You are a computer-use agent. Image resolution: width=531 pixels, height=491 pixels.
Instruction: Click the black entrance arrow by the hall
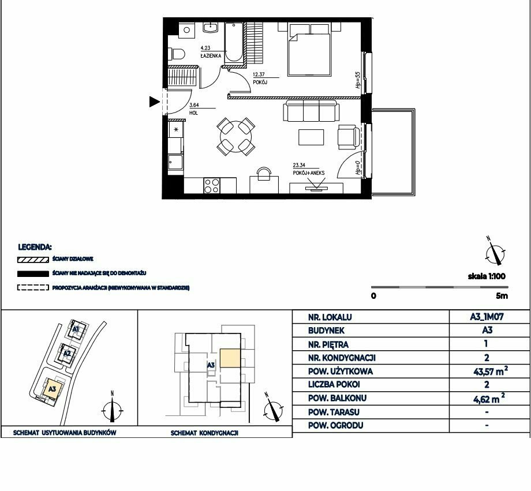[154, 102]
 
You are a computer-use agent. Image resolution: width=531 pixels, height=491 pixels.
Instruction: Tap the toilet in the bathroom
[177, 54]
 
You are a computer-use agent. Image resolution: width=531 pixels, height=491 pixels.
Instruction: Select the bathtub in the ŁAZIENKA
[234, 42]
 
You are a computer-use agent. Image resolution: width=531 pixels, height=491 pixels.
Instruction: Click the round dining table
[235, 137]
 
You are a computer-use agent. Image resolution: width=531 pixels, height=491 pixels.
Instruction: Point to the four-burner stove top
[212, 186]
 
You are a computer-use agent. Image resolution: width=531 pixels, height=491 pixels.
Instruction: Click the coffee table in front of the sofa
[311, 137]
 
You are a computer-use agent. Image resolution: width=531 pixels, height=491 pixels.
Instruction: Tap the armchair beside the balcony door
[349, 137]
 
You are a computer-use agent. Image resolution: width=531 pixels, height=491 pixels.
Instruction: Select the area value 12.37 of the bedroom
[259, 74]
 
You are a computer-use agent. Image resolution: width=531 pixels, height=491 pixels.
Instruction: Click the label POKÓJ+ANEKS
[309, 173]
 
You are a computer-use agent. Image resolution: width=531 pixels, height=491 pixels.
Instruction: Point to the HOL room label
[193, 113]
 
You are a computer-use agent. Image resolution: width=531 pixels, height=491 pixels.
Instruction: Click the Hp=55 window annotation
[358, 80]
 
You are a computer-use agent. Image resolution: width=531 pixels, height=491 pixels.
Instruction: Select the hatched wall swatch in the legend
[33, 260]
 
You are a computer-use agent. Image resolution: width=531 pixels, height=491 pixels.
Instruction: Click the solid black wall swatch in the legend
[33, 273]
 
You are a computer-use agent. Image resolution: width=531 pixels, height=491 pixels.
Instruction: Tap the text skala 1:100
[487, 276]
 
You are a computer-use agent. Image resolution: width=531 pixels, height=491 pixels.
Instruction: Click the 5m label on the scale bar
[502, 295]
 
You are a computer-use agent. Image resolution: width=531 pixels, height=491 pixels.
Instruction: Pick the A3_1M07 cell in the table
[487, 317]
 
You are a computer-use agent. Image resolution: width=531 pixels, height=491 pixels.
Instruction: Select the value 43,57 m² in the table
[491, 371]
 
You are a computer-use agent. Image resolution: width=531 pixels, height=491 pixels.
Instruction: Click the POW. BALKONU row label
[337, 398]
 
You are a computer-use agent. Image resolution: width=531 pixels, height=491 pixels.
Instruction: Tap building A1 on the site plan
[76, 329]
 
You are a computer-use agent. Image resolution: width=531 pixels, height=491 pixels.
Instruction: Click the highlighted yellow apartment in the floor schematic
[230, 358]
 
